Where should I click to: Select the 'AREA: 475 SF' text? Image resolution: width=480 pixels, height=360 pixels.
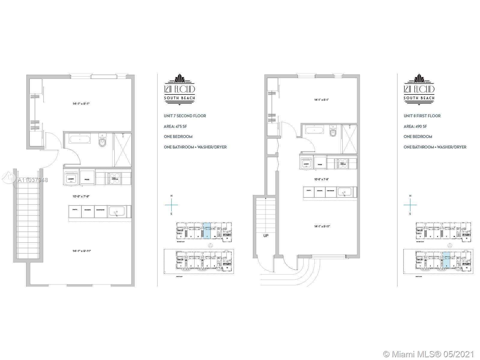pyautogui.click(x=175, y=126)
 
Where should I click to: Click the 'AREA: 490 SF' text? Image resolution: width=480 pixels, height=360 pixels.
pyautogui.click(x=415, y=126)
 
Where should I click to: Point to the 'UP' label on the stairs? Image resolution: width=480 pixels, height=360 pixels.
pyautogui.click(x=266, y=236)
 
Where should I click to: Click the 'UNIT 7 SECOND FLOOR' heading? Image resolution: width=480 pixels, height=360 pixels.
pyautogui.click(x=185, y=116)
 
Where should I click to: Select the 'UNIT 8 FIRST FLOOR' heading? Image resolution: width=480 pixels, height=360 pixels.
pyautogui.click(x=422, y=116)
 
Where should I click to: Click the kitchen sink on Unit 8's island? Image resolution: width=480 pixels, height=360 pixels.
pyautogui.click(x=345, y=192)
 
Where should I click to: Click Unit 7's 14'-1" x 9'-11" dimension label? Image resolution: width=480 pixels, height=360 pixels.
pyautogui.click(x=81, y=251)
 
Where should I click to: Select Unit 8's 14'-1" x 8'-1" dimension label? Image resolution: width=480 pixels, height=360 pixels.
pyautogui.click(x=321, y=100)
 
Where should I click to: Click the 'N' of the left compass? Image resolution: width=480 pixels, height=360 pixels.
pyautogui.click(x=171, y=196)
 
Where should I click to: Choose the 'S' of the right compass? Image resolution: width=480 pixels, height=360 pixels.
pyautogui.click(x=410, y=214)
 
